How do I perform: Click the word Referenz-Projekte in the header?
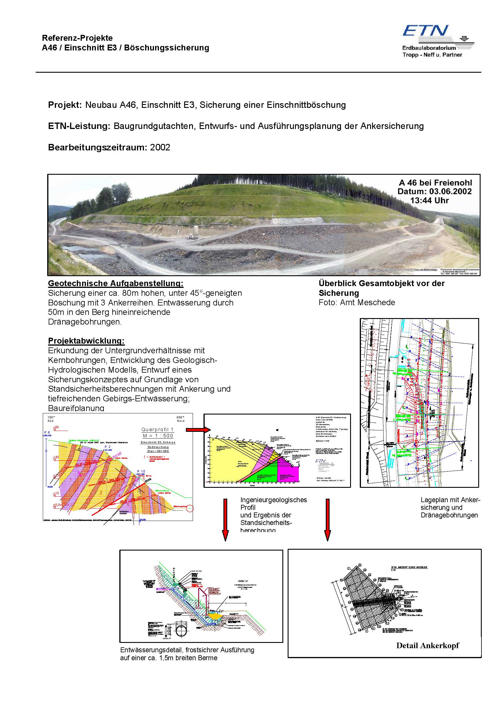(x=77, y=38)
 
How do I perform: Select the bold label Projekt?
(x=65, y=105)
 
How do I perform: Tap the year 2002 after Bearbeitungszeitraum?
(x=160, y=147)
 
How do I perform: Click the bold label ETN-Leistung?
(x=79, y=126)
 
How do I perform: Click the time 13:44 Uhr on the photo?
(x=429, y=201)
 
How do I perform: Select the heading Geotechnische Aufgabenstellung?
(x=116, y=283)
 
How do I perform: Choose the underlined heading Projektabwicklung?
(x=86, y=341)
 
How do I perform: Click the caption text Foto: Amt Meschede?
(x=357, y=303)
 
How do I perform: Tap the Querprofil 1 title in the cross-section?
(x=157, y=429)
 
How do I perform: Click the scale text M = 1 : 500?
(x=158, y=436)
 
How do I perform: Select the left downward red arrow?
(x=225, y=519)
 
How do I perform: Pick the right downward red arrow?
(x=327, y=519)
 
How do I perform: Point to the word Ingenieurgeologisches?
(x=274, y=500)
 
